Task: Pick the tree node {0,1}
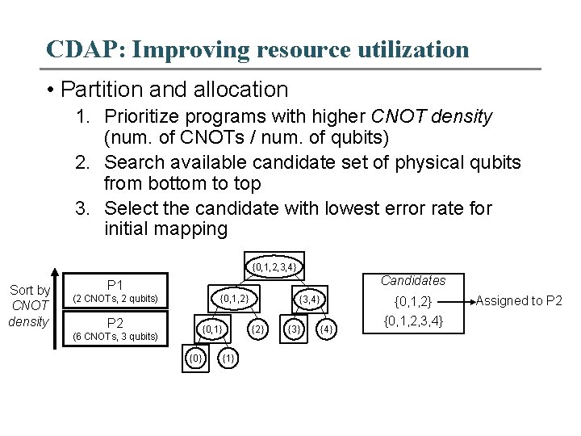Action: pos(212,329)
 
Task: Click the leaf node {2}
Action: pos(258,329)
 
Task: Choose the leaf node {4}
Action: pos(326,329)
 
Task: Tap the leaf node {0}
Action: pos(195,357)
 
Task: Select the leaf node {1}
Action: pos(228,357)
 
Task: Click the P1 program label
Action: pos(115,285)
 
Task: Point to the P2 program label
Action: pos(115,322)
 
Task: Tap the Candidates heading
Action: pos(412,281)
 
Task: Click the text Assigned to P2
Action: pos(519,301)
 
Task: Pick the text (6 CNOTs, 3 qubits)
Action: pos(115,337)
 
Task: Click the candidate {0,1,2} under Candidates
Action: pos(412,302)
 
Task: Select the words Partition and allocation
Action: pos(174,89)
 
